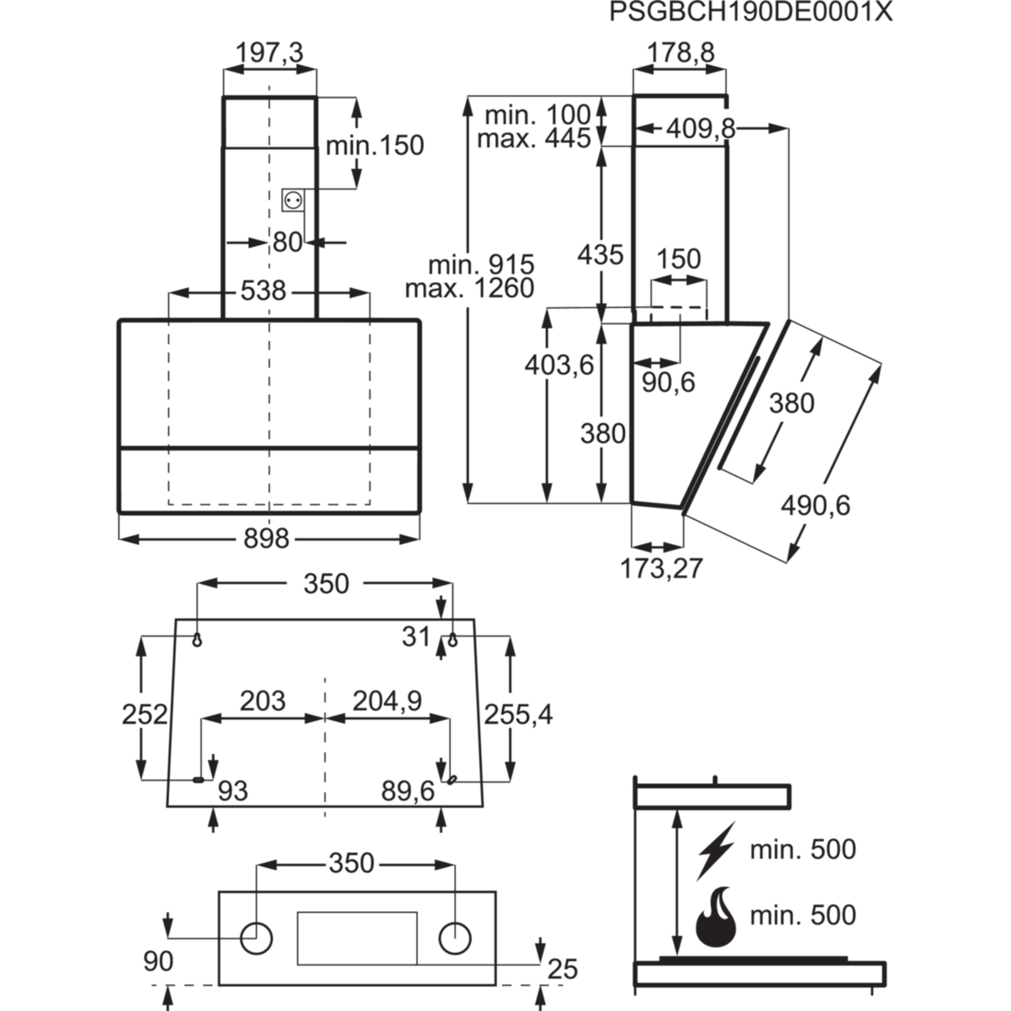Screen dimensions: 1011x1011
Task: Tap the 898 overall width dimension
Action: click(x=266, y=538)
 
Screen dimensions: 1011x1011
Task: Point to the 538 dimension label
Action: click(x=263, y=290)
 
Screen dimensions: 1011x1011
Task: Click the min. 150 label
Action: click(x=376, y=145)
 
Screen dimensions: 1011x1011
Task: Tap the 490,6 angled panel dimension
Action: click(x=815, y=505)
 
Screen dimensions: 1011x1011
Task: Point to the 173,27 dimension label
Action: click(x=661, y=569)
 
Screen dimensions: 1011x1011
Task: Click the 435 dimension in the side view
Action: click(x=601, y=255)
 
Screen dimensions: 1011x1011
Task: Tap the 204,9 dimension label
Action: click(x=387, y=701)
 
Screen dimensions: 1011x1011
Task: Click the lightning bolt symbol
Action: click(x=716, y=852)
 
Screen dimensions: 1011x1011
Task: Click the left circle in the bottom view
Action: click(x=256, y=937)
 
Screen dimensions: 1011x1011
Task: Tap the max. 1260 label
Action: click(x=470, y=288)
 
